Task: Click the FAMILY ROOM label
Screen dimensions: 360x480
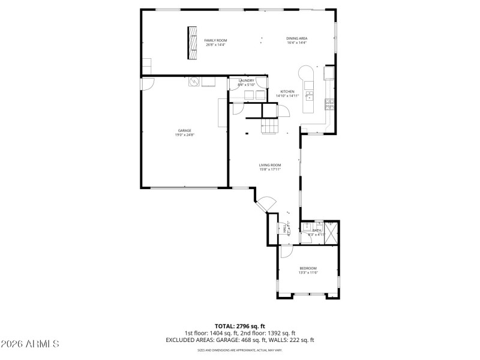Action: [215, 40]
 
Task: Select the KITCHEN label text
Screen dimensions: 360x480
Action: [287, 92]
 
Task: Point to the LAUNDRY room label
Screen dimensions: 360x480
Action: [246, 80]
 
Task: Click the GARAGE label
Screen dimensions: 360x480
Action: [184, 130]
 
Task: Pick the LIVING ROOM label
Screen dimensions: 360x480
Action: [270, 165]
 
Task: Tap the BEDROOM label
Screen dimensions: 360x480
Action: [308, 268]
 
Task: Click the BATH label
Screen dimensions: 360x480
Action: [316, 230]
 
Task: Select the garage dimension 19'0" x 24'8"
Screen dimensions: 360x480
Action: [184, 135]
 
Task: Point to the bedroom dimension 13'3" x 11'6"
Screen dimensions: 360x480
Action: [308, 272]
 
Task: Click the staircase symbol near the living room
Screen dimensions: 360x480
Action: [270, 126]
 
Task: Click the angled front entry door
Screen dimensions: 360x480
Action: [266, 204]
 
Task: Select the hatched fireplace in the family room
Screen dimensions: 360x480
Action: [193, 43]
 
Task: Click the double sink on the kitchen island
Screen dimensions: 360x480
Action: [310, 95]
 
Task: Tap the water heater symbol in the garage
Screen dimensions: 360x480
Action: [194, 82]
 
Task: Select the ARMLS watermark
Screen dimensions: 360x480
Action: [30, 344]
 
